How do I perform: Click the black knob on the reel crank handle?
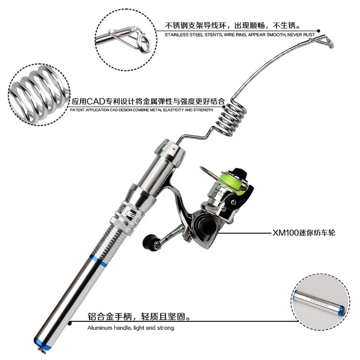click(148, 241)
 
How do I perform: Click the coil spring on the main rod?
click(231, 119)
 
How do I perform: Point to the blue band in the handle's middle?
click(98, 260)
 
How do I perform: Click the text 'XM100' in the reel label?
click(285, 233)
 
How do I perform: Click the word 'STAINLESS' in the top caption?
click(176, 35)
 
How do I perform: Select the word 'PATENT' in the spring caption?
click(77, 110)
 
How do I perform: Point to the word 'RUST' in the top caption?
click(309, 35)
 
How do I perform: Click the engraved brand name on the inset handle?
click(319, 302)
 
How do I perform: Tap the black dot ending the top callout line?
click(319, 31)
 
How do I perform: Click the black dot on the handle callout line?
click(70, 323)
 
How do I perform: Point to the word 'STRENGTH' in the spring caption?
click(203, 110)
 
